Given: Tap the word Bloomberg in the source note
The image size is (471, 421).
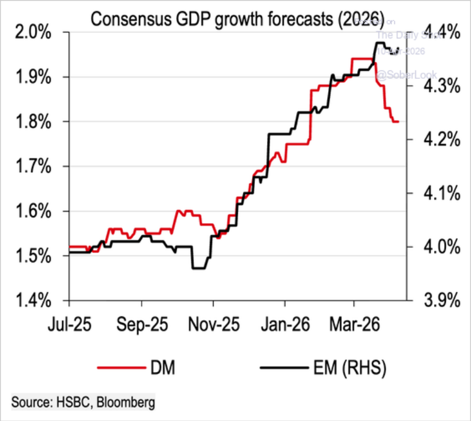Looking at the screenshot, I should [x=126, y=402].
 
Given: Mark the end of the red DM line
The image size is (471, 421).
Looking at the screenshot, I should [x=398, y=122].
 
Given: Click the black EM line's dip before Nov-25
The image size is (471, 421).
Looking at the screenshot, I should [x=199, y=268].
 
